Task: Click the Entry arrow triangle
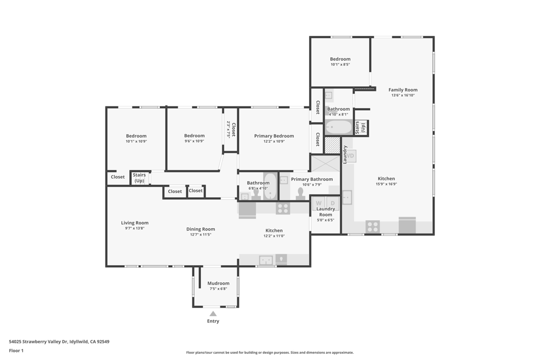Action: point(213,314)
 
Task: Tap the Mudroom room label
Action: point(218,283)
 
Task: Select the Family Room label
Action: point(403,90)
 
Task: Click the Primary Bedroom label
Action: point(274,136)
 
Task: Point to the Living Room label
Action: point(134,222)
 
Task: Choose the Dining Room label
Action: point(200,229)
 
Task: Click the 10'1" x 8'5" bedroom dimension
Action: point(340,64)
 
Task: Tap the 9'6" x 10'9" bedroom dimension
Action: point(194,141)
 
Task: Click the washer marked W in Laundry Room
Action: point(319,203)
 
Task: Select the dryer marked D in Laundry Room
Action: point(333,203)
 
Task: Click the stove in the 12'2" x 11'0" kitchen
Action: point(283,208)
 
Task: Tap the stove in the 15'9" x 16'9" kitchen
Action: point(373,227)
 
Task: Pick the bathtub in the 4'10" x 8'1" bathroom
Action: point(339,128)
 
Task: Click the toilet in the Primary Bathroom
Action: point(300,194)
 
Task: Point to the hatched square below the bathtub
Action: point(333,145)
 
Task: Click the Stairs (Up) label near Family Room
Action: point(360,128)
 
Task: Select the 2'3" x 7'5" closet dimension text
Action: point(228,130)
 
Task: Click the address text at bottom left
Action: point(59,342)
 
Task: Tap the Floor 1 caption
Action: point(16,351)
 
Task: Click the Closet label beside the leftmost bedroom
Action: point(118,177)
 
